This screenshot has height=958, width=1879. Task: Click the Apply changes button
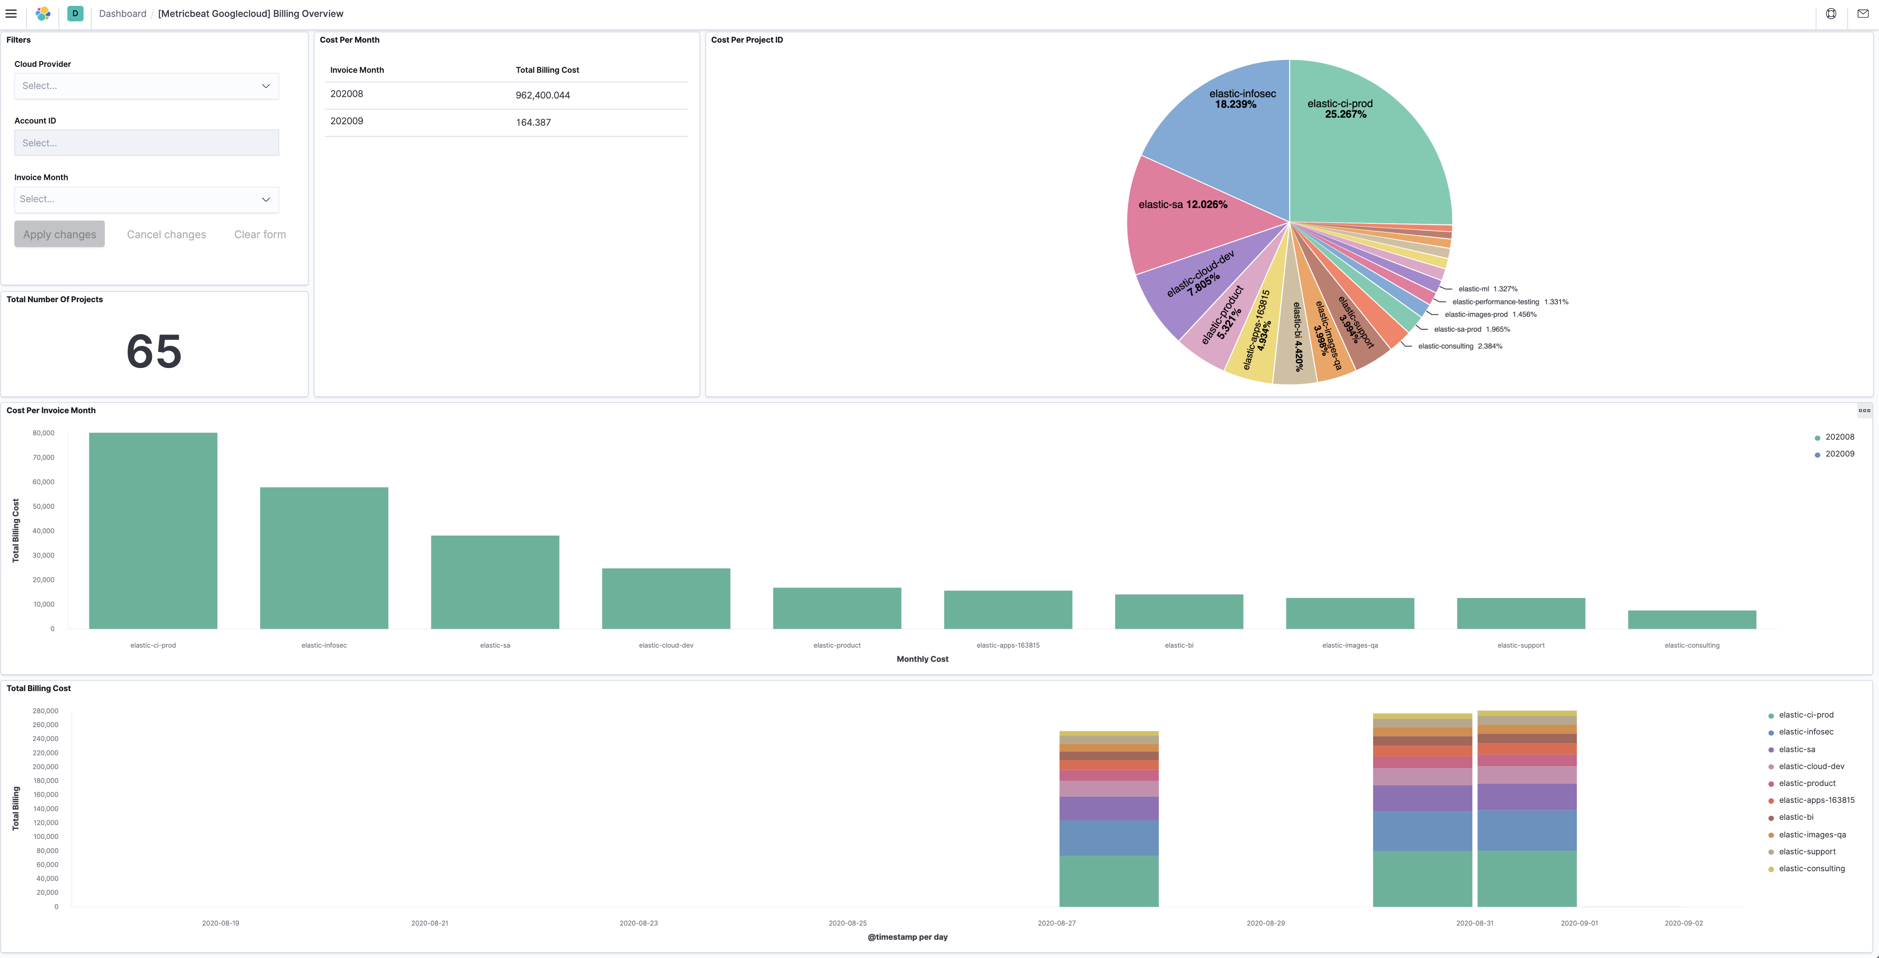click(59, 234)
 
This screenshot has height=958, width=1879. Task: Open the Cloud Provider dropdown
click(146, 86)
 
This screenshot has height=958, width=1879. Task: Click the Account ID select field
click(146, 143)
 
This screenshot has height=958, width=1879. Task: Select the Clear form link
click(260, 234)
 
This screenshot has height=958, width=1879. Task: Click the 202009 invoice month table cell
click(347, 121)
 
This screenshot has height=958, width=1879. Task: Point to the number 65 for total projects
click(154, 351)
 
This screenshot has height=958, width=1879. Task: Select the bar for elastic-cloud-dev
click(666, 598)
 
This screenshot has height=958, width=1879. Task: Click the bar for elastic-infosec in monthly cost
click(324, 558)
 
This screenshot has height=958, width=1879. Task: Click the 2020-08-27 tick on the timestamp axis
click(1056, 923)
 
